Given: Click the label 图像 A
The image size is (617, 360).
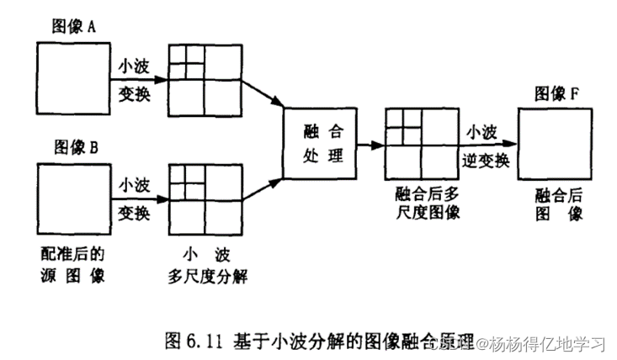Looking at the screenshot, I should coord(75,28).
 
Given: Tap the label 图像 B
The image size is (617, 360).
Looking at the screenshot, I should coord(77,147).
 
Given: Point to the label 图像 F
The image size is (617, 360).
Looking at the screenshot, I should coord(556,94).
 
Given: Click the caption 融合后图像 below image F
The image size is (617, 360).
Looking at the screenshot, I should coord(556,204).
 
